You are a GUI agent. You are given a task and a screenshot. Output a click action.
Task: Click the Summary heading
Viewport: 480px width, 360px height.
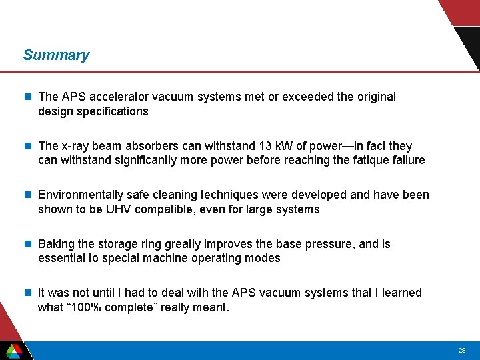pos(56,55)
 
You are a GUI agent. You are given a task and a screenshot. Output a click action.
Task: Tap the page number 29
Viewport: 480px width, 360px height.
pos(462,351)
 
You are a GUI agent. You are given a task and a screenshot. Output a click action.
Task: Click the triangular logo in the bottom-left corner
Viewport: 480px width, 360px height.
pos(13,351)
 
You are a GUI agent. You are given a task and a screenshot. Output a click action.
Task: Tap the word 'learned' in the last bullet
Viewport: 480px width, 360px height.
pos(401,293)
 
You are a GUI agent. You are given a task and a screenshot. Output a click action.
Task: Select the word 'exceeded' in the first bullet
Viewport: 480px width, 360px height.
pos(309,97)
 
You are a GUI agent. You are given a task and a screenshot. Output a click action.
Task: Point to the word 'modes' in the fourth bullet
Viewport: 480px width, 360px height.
pos(264,258)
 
